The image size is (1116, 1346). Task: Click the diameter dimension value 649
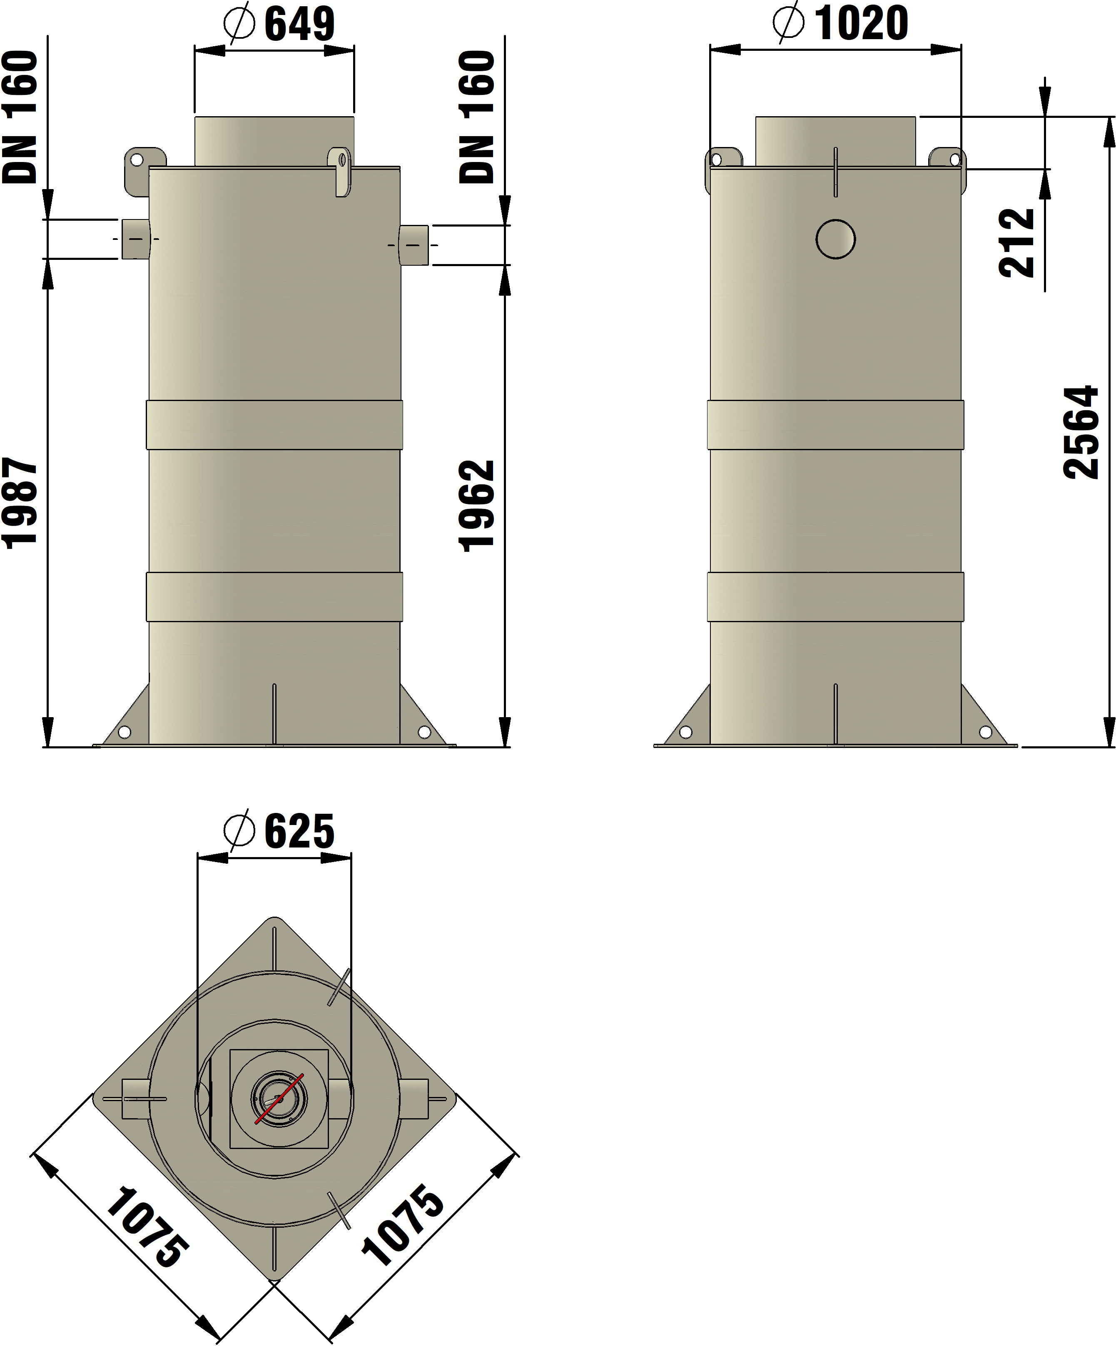click(x=299, y=24)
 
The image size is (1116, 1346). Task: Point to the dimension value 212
click(x=1017, y=242)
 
